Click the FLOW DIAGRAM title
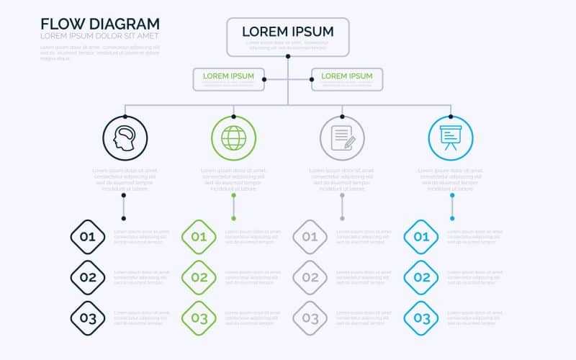click(100, 23)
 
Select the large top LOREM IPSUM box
click(288, 37)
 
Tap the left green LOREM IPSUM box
click(228, 78)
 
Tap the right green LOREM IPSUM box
click(347, 78)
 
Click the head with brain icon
click(125, 138)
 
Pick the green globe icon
click(233, 138)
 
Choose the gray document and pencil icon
click(342, 138)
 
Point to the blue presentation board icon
click(451, 138)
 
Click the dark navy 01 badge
click(88, 237)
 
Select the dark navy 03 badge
click(88, 318)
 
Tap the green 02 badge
click(199, 277)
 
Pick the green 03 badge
click(199, 318)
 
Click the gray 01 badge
click(310, 237)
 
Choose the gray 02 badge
click(310, 277)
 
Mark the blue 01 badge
click(421, 237)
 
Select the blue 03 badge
click(421, 318)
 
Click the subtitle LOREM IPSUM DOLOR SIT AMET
click(99, 36)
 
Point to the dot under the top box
click(288, 56)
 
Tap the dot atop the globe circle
click(233, 115)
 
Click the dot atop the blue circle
click(451, 115)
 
